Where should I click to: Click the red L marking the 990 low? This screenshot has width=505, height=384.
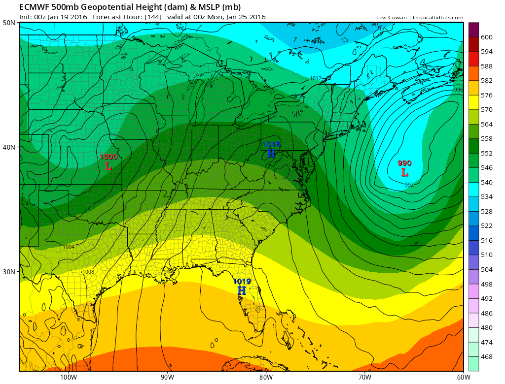coord(404,172)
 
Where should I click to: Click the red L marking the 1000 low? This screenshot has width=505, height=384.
coord(108,166)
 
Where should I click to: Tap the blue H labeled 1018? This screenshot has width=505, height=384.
coord(271,154)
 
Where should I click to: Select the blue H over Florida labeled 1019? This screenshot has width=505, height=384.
coord(242,290)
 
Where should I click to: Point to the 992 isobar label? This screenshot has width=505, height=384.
coord(409,185)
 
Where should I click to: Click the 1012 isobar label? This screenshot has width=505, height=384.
coord(316,78)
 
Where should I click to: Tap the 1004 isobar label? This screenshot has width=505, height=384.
coord(69,247)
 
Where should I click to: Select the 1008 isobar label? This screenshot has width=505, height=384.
coord(88,272)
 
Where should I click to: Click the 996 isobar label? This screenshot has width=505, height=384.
coord(458,90)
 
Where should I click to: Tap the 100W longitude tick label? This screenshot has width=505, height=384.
coord(69,378)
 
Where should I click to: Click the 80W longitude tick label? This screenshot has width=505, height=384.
coord(266,378)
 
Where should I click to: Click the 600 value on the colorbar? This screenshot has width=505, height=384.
coord(487,37)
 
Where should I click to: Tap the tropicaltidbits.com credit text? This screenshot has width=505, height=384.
coord(438,18)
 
